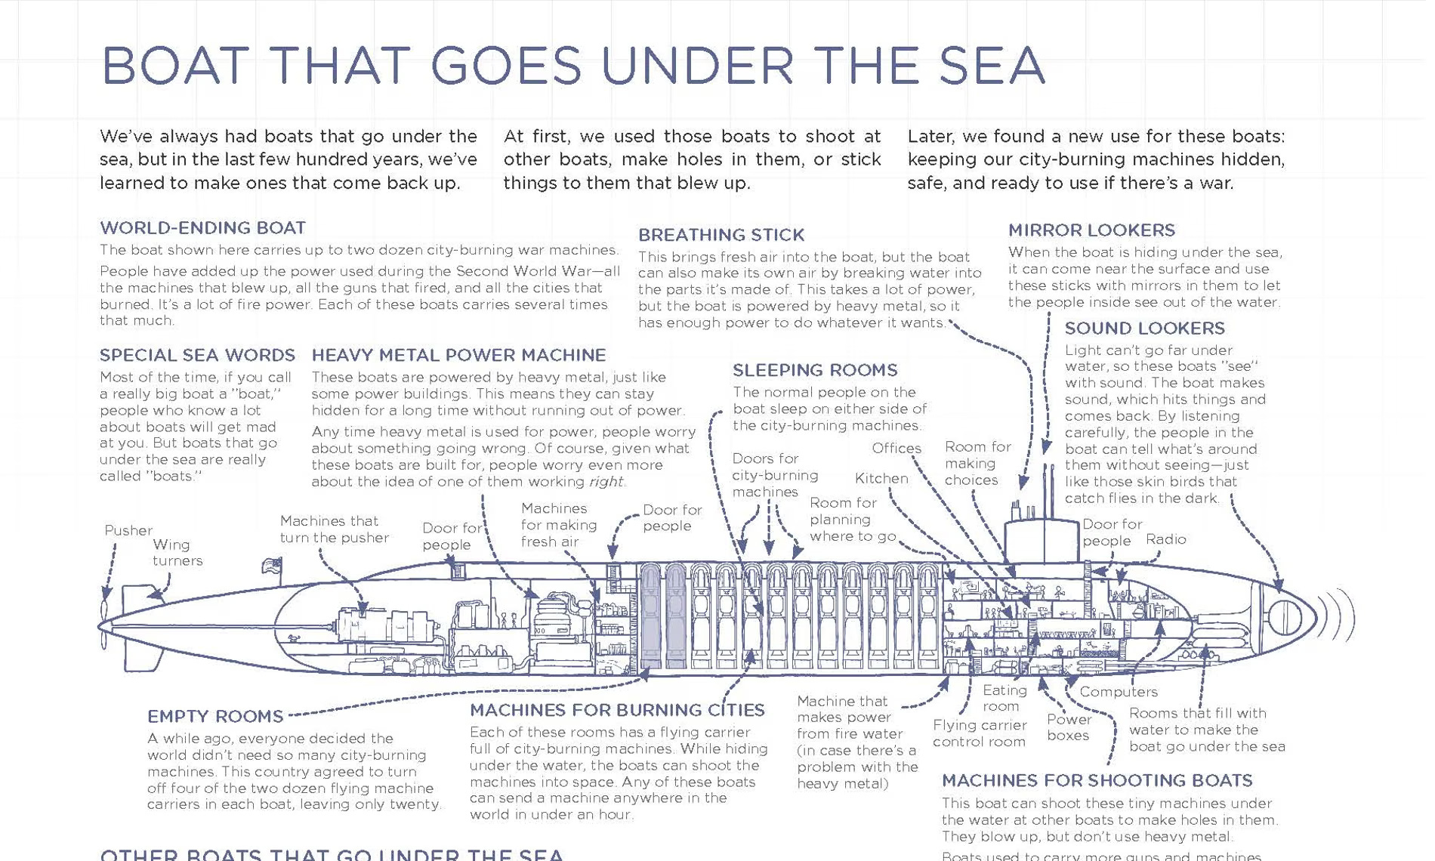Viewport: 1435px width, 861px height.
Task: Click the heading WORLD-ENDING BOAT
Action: [202, 228]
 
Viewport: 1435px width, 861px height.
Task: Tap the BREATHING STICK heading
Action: [721, 235]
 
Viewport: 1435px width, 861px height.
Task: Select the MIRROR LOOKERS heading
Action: [1091, 230]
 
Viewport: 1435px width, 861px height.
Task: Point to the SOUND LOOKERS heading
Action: [1144, 329]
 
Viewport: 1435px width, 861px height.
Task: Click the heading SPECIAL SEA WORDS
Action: [197, 355]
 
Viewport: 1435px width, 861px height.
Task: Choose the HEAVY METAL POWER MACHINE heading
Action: [458, 355]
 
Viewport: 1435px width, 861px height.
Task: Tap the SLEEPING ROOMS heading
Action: [815, 370]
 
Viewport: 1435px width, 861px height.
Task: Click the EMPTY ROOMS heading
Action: [215, 716]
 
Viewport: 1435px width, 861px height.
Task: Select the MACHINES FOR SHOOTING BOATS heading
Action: [1097, 780]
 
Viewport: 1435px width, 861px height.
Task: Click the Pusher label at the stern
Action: [128, 530]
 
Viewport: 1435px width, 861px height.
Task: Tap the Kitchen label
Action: [881, 478]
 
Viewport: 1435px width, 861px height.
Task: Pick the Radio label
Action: [1165, 539]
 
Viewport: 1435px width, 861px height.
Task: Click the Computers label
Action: [1118, 692]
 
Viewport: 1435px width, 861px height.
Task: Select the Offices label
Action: [896, 448]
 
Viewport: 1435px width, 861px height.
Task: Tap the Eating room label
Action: [1004, 698]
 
